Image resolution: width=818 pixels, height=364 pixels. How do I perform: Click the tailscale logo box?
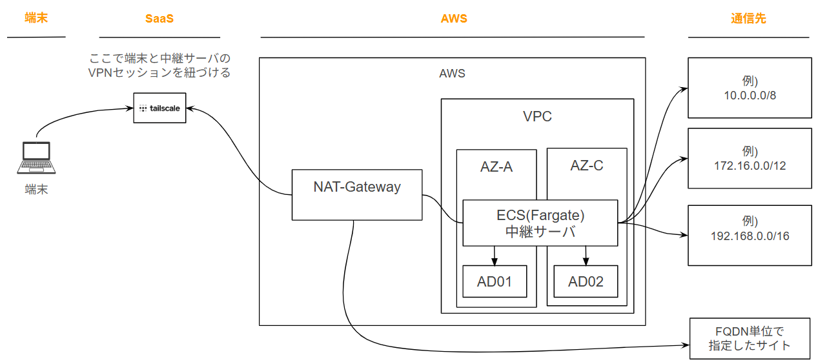[x=159, y=108]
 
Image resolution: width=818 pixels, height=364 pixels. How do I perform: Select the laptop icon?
[x=36, y=159]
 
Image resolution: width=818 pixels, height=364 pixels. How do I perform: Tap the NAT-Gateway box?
[x=357, y=194]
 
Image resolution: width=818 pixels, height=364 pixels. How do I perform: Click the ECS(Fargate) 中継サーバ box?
[x=540, y=223]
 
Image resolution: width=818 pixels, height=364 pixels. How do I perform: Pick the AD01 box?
[x=495, y=281]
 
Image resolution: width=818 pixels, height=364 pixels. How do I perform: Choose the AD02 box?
[x=586, y=281]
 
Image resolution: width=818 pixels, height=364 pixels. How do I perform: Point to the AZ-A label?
[x=496, y=167]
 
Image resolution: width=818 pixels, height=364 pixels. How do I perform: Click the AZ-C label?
[x=586, y=165]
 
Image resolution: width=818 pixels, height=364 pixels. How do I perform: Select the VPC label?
[x=537, y=117]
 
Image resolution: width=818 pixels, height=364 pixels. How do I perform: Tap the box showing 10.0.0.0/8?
[x=750, y=88]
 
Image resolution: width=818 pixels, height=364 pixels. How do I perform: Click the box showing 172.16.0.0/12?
[x=750, y=158]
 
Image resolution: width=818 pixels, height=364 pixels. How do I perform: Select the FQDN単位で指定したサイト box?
[x=749, y=338]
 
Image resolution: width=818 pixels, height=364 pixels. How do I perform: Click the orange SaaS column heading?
[x=159, y=19]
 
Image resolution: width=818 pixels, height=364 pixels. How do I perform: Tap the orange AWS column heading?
[x=453, y=19]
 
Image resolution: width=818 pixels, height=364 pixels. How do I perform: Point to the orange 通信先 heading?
[x=748, y=19]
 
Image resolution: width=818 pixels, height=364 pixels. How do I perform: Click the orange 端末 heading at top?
[x=36, y=17]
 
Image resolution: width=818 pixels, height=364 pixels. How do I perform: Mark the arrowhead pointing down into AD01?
[x=495, y=261]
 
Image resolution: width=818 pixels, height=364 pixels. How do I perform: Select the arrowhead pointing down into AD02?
[x=586, y=261]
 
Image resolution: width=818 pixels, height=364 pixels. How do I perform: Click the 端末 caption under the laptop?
[x=36, y=190]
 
